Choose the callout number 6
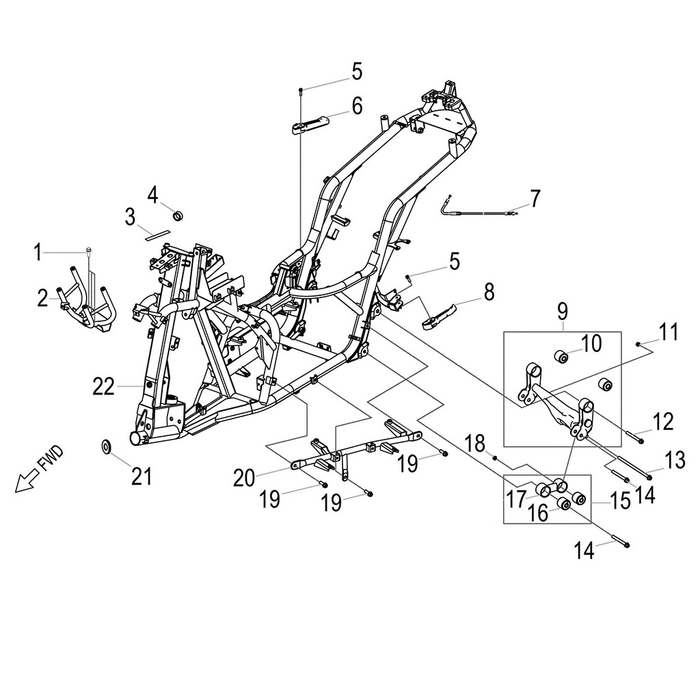coord(357,106)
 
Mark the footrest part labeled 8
coord(447,315)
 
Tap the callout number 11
coord(669,333)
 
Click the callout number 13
coord(675,461)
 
